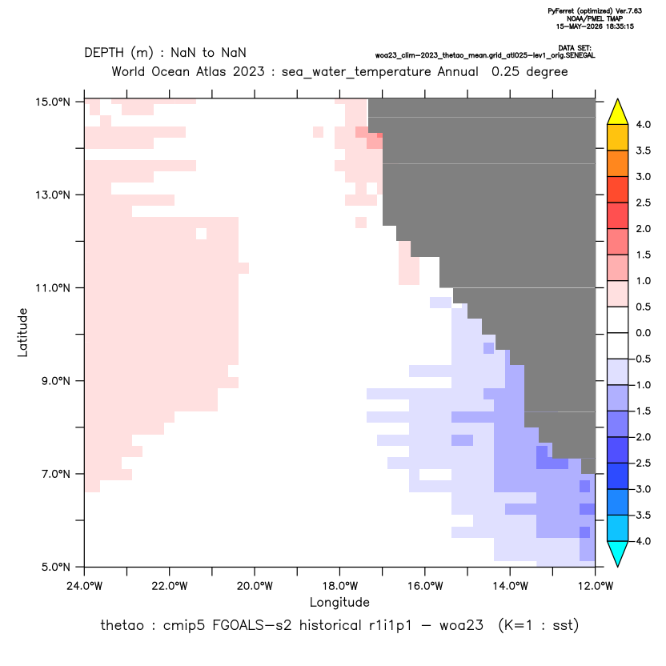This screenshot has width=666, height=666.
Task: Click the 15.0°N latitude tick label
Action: [x=53, y=102]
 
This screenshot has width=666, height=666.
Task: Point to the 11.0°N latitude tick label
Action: [x=53, y=288]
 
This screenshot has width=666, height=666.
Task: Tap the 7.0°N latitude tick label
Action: [x=53, y=474]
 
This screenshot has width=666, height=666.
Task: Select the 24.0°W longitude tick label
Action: [x=85, y=586]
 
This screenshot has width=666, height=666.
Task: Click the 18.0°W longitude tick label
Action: [x=339, y=586]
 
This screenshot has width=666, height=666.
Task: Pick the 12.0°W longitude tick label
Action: [x=596, y=586]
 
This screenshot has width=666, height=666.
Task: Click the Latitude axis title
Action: [x=22, y=332]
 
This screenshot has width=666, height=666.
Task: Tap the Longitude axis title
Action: [x=339, y=602]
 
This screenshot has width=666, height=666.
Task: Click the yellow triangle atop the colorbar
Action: [x=618, y=112]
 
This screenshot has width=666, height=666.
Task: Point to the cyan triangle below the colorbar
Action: [x=618, y=553]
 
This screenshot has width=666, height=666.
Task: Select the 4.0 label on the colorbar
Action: [x=643, y=124]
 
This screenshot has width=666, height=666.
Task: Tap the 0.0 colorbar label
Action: [x=643, y=333]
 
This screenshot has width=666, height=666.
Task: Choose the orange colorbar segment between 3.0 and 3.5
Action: [x=618, y=163]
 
